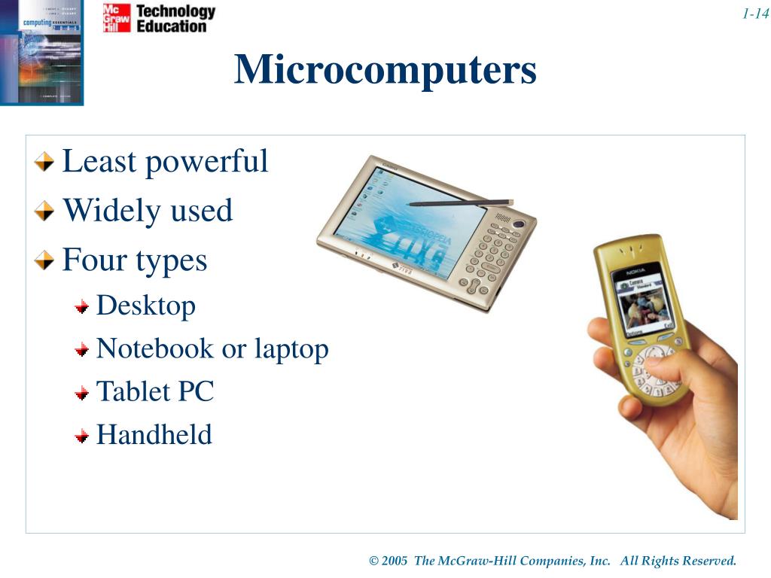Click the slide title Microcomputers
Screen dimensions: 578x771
pos(385,70)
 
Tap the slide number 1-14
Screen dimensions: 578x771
pos(754,14)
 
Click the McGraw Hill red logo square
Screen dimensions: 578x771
pos(117,18)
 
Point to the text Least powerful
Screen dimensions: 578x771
pos(164,161)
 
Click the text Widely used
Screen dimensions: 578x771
pos(147,211)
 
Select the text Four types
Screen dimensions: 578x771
pos(134,260)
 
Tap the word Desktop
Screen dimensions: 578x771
pos(146,306)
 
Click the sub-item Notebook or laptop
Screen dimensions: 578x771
pos(212,348)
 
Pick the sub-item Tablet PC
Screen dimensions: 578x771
pos(155,391)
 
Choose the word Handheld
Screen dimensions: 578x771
pos(154,435)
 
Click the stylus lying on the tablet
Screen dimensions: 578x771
pos(460,202)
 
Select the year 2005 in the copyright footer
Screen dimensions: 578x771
pos(395,561)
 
